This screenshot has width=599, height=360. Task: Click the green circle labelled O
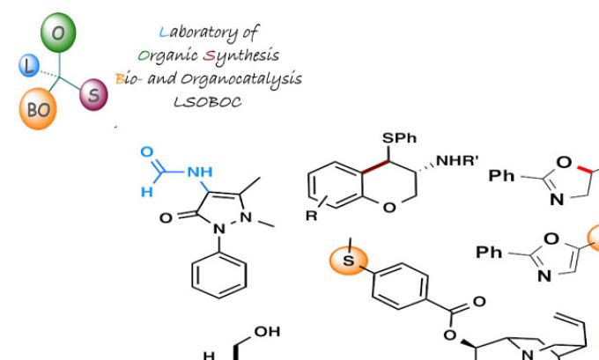59,33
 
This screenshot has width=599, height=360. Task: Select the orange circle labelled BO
39,112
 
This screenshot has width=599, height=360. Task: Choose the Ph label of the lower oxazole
490,253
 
